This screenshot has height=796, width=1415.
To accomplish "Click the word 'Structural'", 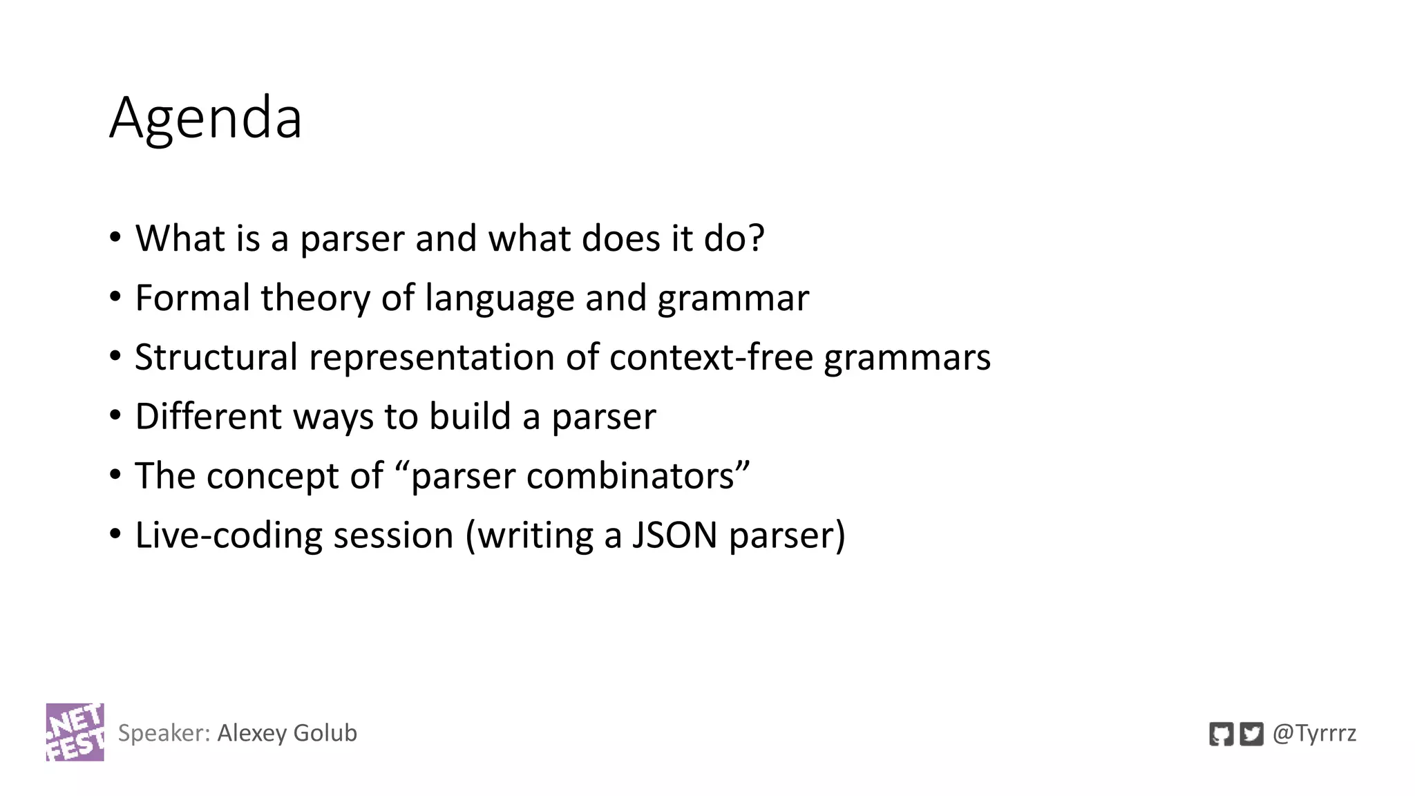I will tap(216, 357).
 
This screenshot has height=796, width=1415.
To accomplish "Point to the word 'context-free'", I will tap(711, 357).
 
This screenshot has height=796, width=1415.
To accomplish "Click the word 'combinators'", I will tap(630, 476).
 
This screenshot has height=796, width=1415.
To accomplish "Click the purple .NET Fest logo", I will tap(75, 732).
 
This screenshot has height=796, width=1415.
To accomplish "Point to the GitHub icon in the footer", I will tap(1221, 734).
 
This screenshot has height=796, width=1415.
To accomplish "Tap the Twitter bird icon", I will tap(1251, 734).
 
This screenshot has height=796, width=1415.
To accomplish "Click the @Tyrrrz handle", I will tap(1314, 733).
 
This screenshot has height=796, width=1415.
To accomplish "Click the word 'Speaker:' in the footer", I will tap(164, 733).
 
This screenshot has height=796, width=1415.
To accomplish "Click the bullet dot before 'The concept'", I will tap(115, 475).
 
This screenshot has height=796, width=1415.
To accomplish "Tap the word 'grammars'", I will tap(907, 357).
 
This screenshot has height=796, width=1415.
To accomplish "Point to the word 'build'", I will tap(470, 417).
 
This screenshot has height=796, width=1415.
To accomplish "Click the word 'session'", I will tap(393, 536).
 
